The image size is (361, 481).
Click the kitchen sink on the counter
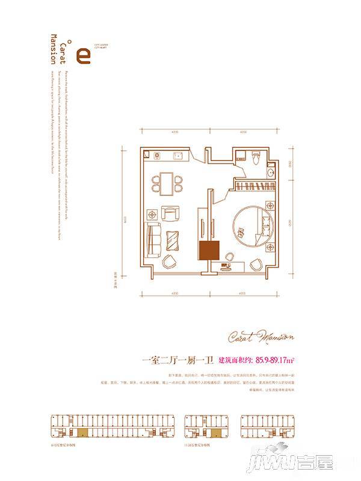178,156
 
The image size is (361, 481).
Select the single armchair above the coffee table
170,213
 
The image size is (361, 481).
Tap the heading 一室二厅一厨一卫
177,361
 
